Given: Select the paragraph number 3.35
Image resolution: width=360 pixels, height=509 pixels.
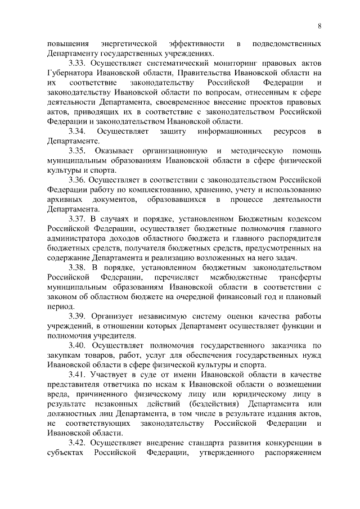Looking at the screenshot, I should tap(78, 151).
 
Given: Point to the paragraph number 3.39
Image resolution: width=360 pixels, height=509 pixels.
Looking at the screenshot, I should tap(78, 317).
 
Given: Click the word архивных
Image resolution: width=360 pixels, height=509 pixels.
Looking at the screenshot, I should tap(64, 200).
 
